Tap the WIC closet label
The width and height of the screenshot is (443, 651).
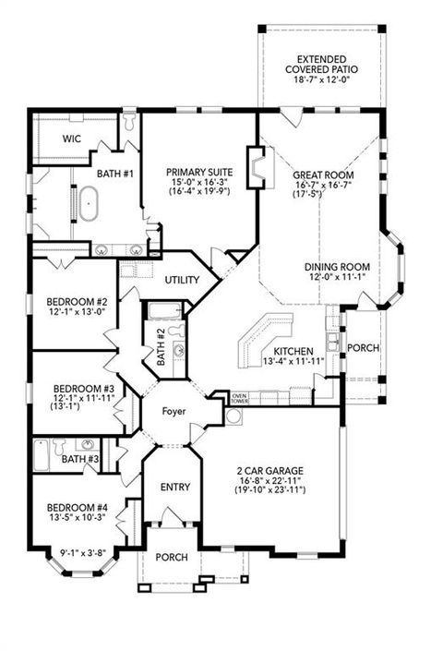[73, 139]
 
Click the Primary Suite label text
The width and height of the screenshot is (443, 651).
[199, 173]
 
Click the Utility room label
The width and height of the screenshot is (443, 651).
[182, 280]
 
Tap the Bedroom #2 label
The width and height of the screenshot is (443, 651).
[78, 302]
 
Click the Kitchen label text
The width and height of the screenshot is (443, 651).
[293, 351]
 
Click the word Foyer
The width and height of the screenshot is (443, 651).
[174, 411]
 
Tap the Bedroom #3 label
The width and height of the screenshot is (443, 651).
[83, 389]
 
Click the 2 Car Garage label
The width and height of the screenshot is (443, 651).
[269, 470]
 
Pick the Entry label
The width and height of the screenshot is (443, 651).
[174, 487]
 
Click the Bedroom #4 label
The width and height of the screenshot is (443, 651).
[77, 507]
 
